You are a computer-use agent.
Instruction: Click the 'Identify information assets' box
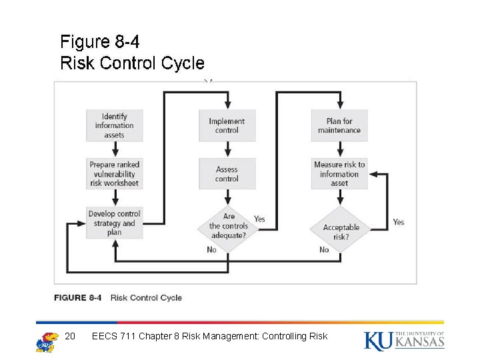pyautogui.click(x=114, y=125)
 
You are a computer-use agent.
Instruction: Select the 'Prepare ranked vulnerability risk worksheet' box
pyautogui.click(x=114, y=174)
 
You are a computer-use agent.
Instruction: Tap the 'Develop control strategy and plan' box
pyautogui.click(x=114, y=223)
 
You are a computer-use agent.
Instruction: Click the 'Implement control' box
pyautogui.click(x=227, y=125)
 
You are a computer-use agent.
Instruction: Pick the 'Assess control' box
pyautogui.click(x=227, y=174)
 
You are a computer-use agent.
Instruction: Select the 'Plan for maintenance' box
pyautogui.click(x=339, y=125)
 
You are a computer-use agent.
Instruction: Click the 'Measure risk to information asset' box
pyautogui.click(x=339, y=174)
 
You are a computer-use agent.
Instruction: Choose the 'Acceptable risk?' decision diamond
pyautogui.click(x=341, y=228)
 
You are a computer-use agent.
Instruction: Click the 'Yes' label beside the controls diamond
pyautogui.click(x=259, y=219)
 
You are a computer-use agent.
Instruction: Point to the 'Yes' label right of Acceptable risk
pyautogui.click(x=398, y=222)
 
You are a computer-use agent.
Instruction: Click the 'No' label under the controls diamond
pyautogui.click(x=211, y=249)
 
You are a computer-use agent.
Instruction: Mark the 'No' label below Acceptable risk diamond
pyautogui.click(x=324, y=249)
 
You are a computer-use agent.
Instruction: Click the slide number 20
pyautogui.click(x=71, y=336)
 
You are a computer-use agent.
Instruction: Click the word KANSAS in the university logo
pyautogui.click(x=419, y=343)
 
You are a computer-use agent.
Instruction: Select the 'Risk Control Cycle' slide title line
pyautogui.click(x=132, y=63)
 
